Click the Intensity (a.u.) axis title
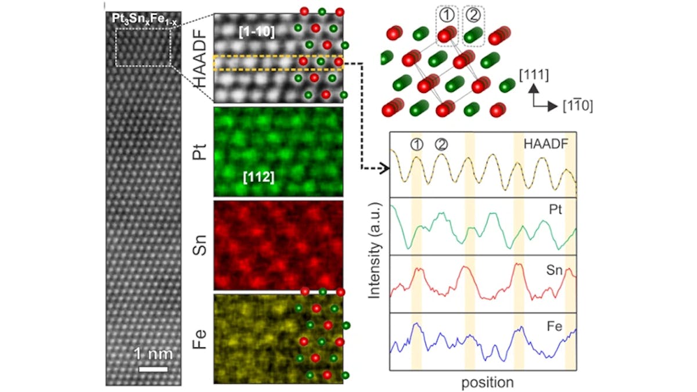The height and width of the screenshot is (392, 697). (375, 250)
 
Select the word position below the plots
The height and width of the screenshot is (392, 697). (487, 382)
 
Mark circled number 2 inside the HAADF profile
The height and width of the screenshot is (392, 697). (441, 144)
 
